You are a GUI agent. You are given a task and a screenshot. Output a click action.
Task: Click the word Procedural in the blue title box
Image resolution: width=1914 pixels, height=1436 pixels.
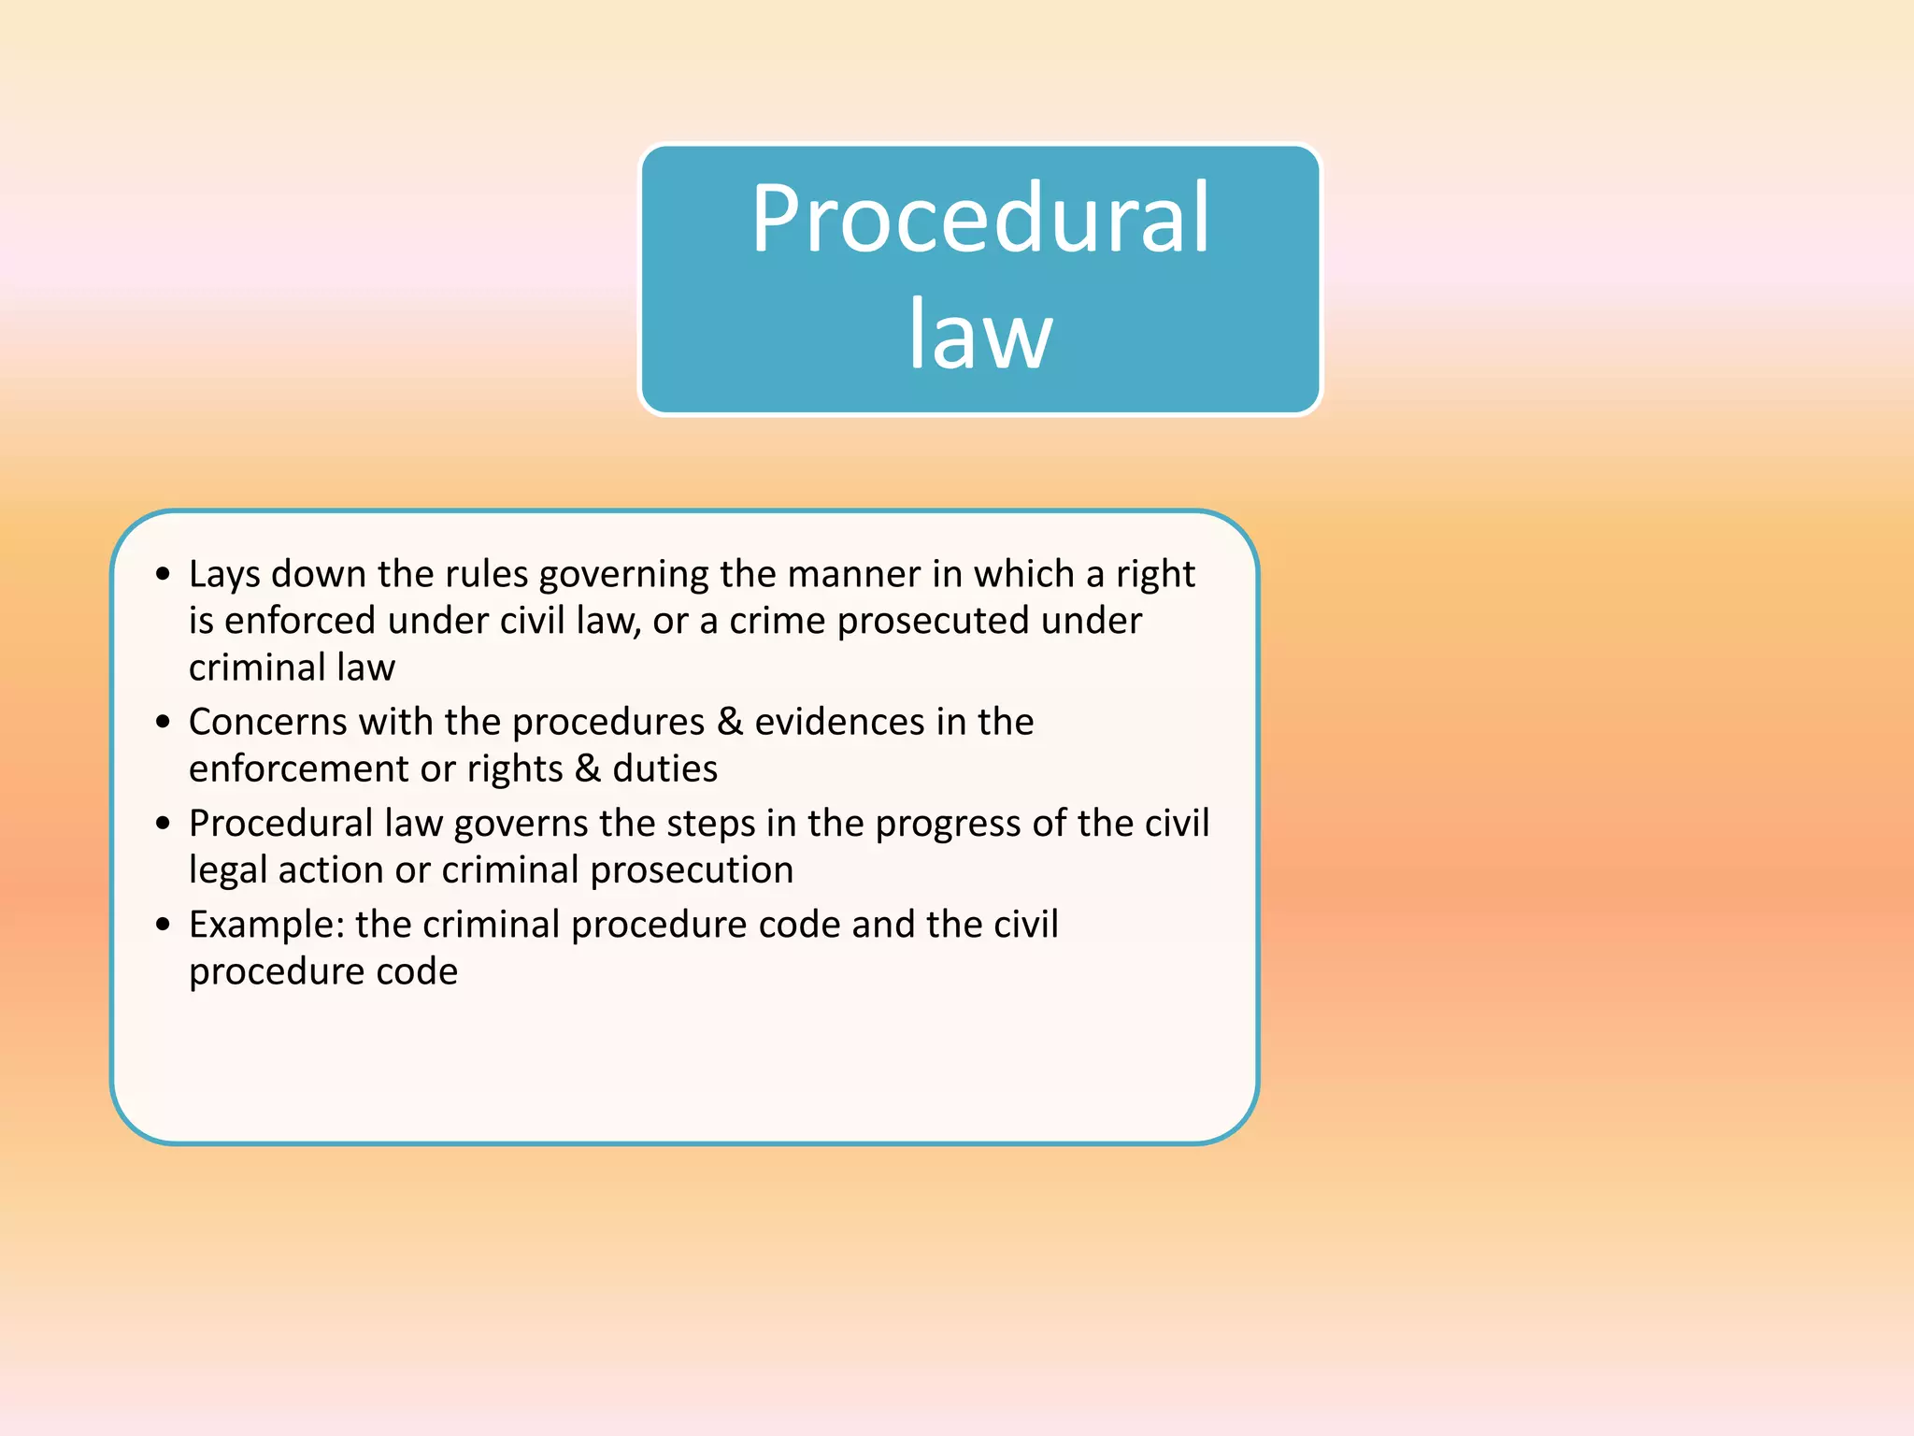click(980, 219)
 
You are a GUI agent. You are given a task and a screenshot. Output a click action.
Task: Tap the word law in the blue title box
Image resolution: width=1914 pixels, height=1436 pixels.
click(980, 334)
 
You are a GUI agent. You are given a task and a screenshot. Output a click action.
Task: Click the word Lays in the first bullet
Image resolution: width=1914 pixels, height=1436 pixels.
click(224, 575)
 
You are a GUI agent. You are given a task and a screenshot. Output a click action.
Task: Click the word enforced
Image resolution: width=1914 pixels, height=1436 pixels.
click(300, 621)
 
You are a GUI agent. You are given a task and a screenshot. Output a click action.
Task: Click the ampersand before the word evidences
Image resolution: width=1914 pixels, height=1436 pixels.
click(729, 722)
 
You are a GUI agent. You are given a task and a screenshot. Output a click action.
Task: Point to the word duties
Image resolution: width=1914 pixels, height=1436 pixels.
click(664, 768)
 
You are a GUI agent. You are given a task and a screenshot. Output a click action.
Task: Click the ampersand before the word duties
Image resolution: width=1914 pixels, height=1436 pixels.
click(587, 768)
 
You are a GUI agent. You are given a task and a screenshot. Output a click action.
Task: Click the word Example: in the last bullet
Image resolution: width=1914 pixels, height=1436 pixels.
click(267, 926)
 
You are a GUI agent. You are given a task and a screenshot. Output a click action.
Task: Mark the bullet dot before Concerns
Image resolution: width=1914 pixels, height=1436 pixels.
click(164, 722)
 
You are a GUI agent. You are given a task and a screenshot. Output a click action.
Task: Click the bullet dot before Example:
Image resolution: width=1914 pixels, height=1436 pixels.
click(164, 925)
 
